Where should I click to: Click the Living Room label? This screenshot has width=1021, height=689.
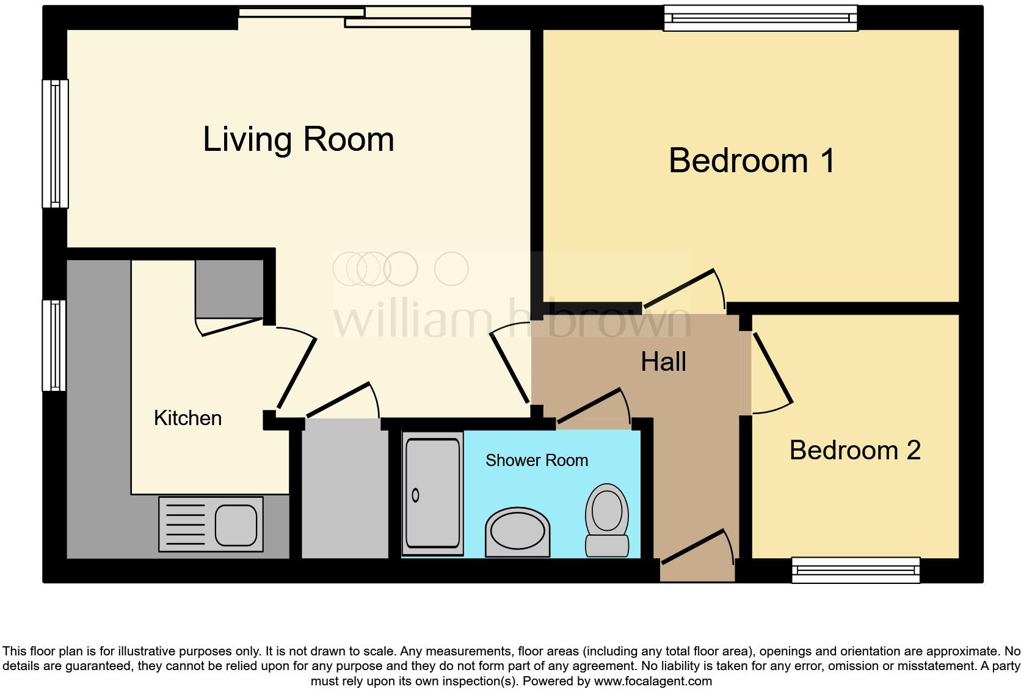click(x=298, y=139)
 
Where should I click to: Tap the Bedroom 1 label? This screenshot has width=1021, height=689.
click(x=751, y=161)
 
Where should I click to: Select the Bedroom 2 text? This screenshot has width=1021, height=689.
click(x=854, y=450)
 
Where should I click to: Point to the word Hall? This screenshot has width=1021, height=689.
click(x=663, y=362)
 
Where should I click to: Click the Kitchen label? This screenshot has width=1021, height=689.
click(x=187, y=418)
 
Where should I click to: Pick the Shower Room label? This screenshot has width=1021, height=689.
click(x=536, y=460)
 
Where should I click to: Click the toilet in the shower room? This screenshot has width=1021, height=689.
click(x=607, y=519)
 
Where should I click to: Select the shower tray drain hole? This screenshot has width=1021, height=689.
click(x=416, y=495)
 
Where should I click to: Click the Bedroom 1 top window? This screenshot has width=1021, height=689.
click(x=760, y=18)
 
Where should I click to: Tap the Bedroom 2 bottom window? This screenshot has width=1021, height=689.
click(x=856, y=570)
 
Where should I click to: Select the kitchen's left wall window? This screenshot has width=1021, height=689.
click(x=55, y=345)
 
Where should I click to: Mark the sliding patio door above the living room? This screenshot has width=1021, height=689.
click(x=354, y=17)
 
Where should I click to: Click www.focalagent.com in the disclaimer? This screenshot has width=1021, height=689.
click(x=653, y=680)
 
